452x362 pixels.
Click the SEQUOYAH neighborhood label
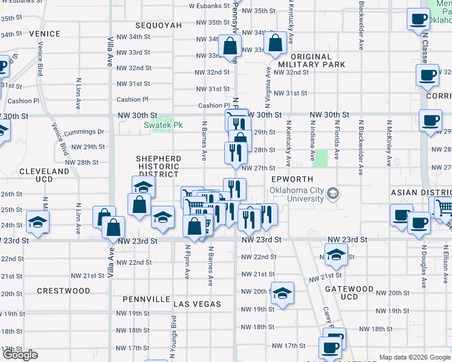tap(159, 25)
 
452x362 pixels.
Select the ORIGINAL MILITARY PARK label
tap(312, 60)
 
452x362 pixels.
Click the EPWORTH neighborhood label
tap(293, 180)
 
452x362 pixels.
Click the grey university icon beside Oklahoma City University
tap(333, 194)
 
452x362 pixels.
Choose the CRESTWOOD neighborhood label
tap(63, 291)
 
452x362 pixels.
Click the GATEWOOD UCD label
tap(350, 293)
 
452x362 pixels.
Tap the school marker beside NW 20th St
tap(282, 293)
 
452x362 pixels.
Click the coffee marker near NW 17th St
tap(330, 348)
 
